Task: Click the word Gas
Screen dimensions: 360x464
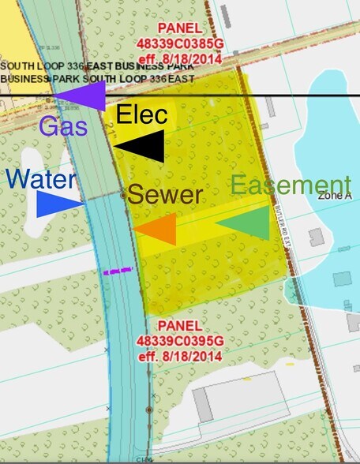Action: click(62, 125)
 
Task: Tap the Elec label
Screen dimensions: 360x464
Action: click(142, 115)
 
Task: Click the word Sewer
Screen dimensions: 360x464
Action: click(166, 195)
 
